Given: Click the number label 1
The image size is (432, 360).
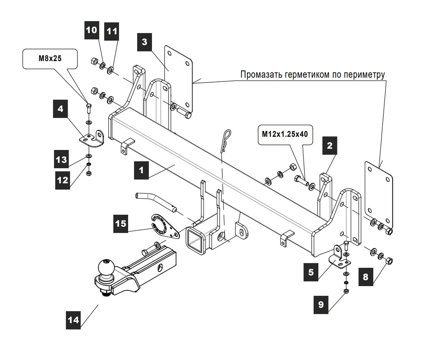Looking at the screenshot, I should pyautogui.click(x=141, y=170).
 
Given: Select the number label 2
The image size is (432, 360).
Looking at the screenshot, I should pyautogui.click(x=329, y=146).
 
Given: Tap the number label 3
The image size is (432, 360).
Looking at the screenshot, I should pyautogui.click(x=144, y=42).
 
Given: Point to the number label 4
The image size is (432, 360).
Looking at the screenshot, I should pyautogui.click(x=60, y=109).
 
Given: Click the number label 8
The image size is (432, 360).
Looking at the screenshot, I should pyautogui.click(x=365, y=277).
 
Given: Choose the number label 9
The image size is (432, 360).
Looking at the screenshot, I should pyautogui.click(x=321, y=305).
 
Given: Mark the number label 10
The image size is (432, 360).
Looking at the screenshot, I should pyautogui.click(x=92, y=30).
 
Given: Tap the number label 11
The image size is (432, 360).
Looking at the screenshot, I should pyautogui.click(x=112, y=31).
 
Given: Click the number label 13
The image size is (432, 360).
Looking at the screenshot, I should pyautogui.click(x=62, y=159).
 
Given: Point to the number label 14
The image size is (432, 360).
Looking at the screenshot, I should pyautogui.click(x=73, y=320).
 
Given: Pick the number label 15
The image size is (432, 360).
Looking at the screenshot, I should pyautogui.click(x=121, y=223).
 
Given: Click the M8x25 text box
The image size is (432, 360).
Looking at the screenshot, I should pyautogui.click(x=50, y=59).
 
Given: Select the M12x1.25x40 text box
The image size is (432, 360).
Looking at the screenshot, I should pyautogui.click(x=285, y=134).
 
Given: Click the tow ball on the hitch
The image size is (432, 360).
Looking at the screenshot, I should pyautogui.click(x=105, y=268).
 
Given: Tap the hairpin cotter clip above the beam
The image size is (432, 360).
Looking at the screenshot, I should pyautogui.click(x=226, y=140).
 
